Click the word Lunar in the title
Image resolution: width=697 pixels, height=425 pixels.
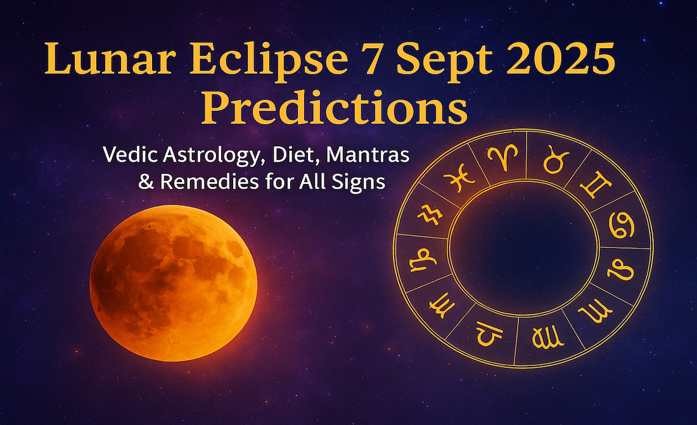tap(110, 58)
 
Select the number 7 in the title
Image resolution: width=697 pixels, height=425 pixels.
tap(372, 58)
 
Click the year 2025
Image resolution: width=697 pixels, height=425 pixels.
tap(560, 58)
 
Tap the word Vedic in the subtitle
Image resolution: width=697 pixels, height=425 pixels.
tap(131, 154)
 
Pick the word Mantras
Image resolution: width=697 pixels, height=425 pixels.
tap(368, 154)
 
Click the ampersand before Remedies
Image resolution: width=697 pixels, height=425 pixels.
tap(146, 181)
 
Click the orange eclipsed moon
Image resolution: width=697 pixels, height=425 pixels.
tap(174, 283)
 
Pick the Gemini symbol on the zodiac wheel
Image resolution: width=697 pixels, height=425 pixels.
tap(596, 185)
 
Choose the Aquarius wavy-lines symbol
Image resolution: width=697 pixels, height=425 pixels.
tap(430, 214)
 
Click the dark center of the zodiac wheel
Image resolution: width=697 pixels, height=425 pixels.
tap(523, 247)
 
